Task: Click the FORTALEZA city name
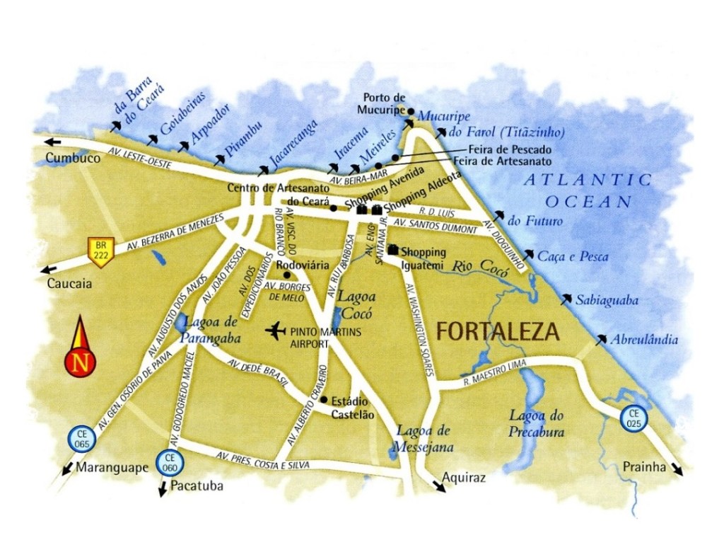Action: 498,331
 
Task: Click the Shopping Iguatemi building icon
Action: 393,250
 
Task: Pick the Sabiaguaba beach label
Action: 607,301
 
